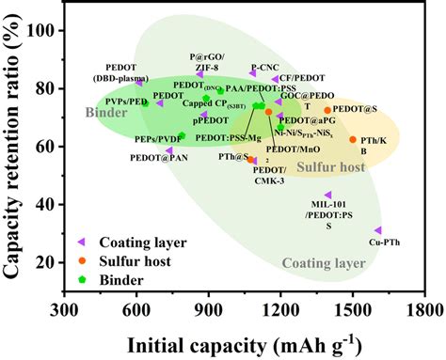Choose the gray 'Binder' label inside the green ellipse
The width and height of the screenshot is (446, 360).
pyautogui.click(x=105, y=113)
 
